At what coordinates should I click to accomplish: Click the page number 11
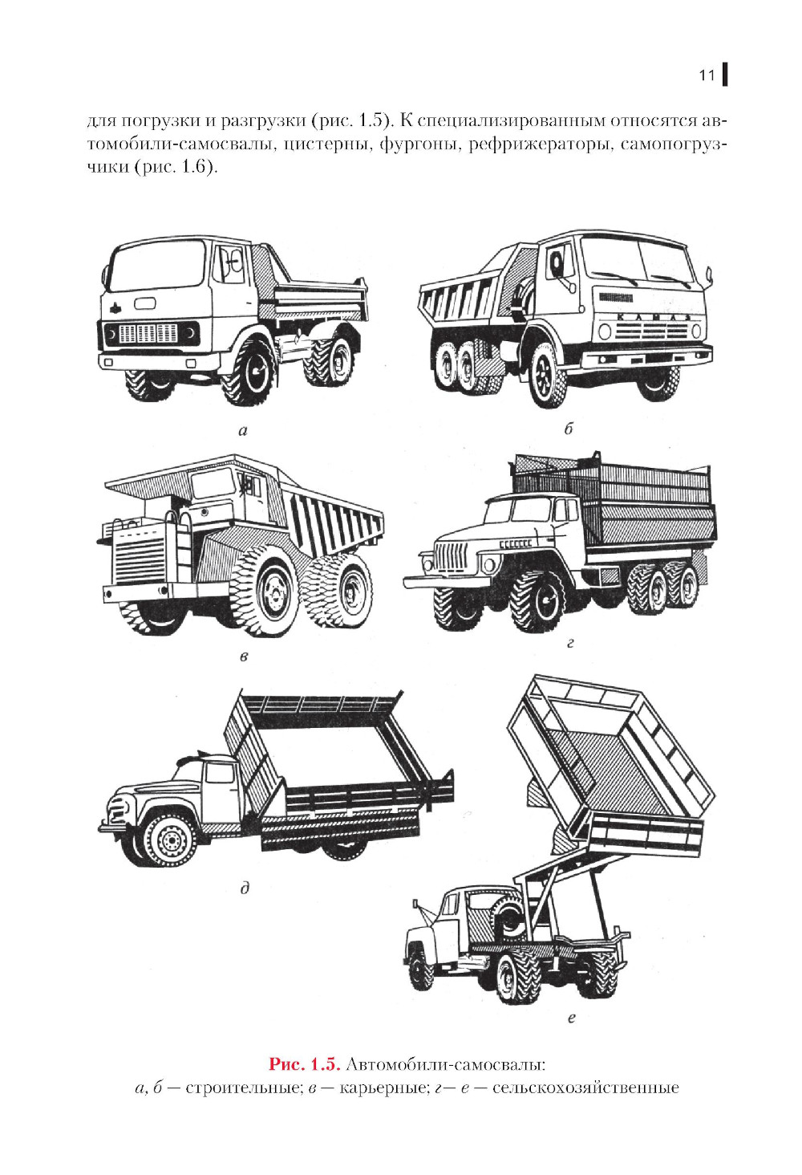point(707,75)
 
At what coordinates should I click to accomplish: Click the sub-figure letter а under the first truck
point(242,431)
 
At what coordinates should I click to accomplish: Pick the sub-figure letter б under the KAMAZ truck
point(569,429)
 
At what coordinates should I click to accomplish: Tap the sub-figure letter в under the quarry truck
point(244,657)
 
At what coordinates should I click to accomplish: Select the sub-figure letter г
point(570,643)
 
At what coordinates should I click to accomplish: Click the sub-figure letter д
point(245,888)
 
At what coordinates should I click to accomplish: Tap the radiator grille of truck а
point(148,334)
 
